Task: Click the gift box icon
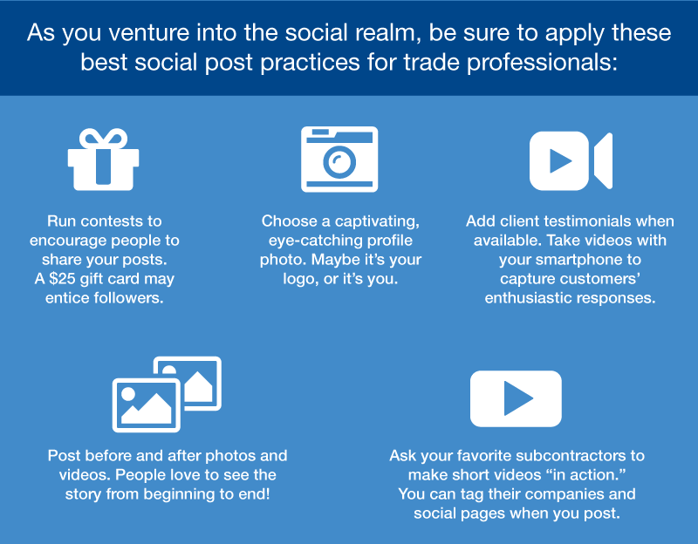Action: tap(103, 160)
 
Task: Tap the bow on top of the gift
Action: tap(103, 138)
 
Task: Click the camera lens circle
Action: tap(339, 161)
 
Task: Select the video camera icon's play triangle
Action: tap(560, 161)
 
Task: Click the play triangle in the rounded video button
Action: tap(517, 398)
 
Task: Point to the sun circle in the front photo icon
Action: tap(128, 394)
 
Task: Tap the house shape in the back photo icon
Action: tap(199, 387)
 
